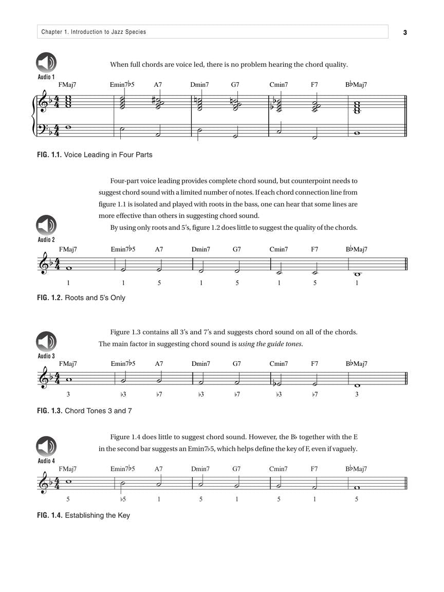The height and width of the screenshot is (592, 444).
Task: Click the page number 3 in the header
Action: [x=405, y=32]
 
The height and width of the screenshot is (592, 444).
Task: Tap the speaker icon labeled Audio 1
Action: [x=46, y=63]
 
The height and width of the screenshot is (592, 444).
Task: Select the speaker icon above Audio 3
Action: [x=46, y=342]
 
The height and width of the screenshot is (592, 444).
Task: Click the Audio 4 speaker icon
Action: [x=46, y=447]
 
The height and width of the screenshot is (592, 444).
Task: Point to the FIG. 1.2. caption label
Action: [x=49, y=298]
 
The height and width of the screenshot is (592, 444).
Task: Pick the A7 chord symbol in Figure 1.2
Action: [x=159, y=250]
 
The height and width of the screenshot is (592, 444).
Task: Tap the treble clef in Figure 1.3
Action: [x=44, y=379]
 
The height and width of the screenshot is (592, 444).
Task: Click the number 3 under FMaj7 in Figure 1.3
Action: [x=68, y=395]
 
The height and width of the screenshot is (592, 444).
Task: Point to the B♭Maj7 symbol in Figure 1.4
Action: [x=356, y=469]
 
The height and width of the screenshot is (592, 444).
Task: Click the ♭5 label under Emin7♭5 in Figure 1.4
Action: [x=123, y=499]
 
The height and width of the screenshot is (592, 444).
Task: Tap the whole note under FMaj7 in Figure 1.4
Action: [x=68, y=481]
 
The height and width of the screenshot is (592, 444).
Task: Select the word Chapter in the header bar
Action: [x=52, y=32]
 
